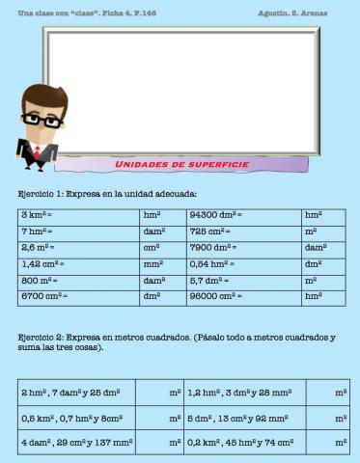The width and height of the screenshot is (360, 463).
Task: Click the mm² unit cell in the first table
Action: click(x=162, y=262)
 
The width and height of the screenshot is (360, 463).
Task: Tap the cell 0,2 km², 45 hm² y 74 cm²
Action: click(x=241, y=442)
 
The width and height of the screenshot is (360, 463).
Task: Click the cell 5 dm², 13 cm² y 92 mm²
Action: click(x=241, y=418)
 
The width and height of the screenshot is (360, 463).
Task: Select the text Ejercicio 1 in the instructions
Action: click(x=40, y=194)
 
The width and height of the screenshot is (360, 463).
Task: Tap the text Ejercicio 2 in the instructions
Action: click(x=40, y=338)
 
